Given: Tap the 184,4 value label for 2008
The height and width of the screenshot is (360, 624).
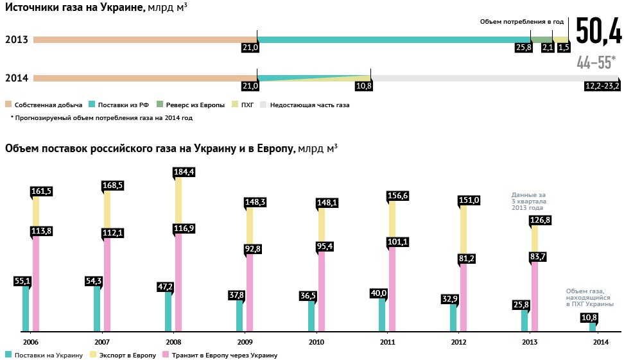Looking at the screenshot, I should pos(184,172).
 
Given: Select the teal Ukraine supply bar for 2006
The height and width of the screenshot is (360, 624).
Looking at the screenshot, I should pos(26,308).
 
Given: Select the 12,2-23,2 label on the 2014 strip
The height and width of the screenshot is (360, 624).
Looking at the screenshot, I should pos(602,86).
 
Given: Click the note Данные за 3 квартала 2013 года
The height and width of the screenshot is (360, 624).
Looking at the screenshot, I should pos(528,201).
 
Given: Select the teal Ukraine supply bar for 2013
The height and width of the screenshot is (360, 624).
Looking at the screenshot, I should pos(524,320).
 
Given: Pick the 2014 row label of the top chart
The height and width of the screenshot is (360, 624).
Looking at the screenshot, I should pos(16,78).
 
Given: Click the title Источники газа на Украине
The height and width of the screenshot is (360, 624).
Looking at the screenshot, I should pos(74,8).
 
